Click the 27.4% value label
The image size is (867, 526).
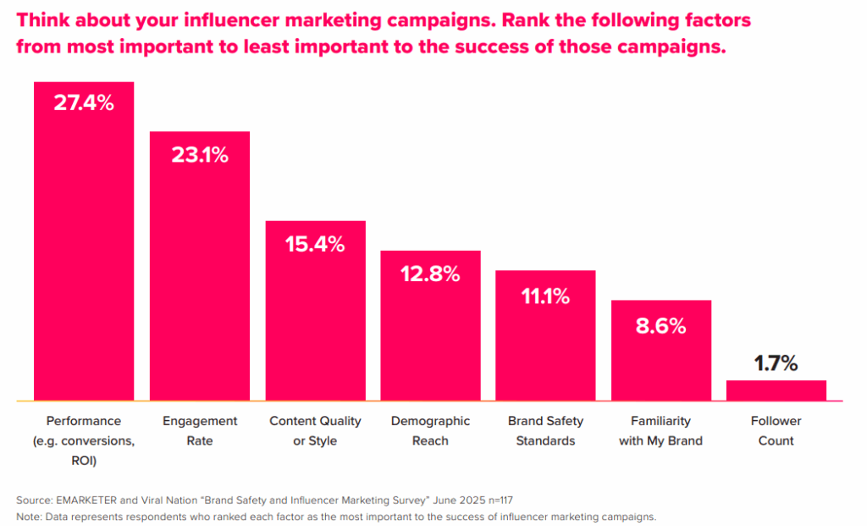(83, 103)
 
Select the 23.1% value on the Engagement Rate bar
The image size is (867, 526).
(200, 154)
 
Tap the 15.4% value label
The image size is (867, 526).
(315, 244)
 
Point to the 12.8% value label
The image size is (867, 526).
(430, 274)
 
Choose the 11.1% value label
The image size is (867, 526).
(545, 296)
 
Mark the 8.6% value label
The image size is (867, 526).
(660, 325)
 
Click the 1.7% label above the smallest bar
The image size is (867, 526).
(776, 363)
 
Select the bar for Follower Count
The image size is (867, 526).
(776, 390)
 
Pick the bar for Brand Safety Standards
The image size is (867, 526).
(545, 347)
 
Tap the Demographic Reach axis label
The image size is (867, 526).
(430, 430)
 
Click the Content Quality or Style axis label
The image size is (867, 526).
(315, 430)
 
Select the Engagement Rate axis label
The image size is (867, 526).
(200, 430)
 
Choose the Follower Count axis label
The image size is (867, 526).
(776, 430)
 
